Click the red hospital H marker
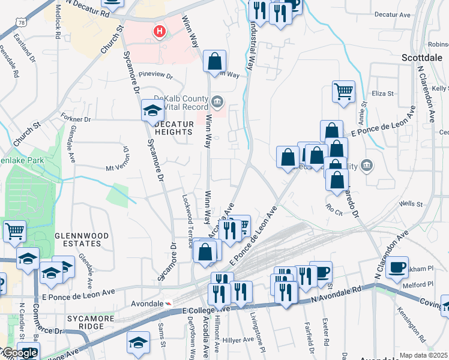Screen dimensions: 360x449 click(160, 31)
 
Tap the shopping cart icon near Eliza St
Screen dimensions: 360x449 click(343, 92)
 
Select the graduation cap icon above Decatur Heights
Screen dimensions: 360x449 click(152, 110)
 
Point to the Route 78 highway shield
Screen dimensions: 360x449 click(22, 22)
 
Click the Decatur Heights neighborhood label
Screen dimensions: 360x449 click(173, 128)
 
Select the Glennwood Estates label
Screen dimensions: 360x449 click(77, 239)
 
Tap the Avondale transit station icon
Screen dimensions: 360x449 click(169, 304)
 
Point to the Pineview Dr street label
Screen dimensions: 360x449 click(155, 76)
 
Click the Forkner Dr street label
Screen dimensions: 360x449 click(75, 119)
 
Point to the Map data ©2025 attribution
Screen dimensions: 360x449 click(423, 355)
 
